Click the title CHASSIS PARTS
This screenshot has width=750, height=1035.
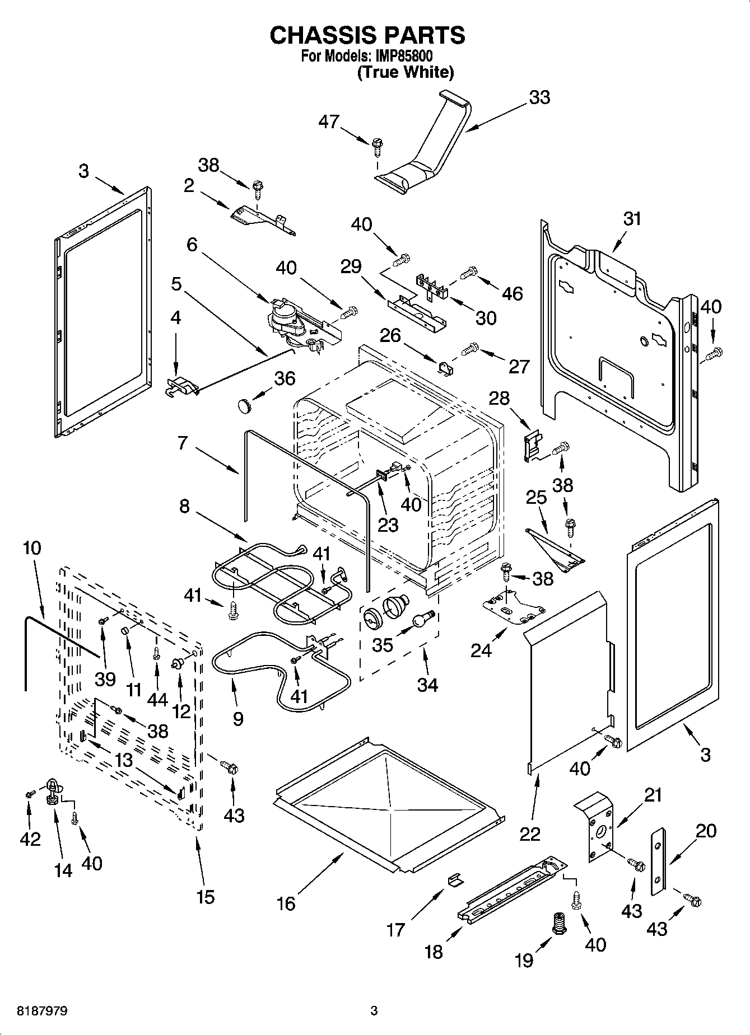click(367, 35)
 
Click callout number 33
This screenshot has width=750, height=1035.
click(539, 97)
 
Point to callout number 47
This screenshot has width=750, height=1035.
click(329, 121)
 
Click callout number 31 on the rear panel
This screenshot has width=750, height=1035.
click(632, 218)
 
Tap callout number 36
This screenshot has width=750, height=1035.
click(284, 378)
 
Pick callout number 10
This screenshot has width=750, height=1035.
click(32, 547)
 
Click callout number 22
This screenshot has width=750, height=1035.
click(529, 834)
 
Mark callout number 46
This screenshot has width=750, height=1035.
click(513, 293)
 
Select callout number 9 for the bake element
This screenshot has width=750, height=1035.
click(237, 718)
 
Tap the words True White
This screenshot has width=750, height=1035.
click(406, 72)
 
